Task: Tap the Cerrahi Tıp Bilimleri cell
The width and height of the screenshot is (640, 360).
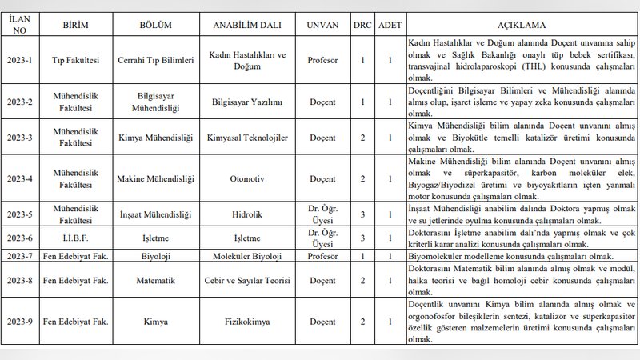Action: click(157, 58)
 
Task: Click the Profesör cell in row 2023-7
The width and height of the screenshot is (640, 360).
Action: click(323, 255)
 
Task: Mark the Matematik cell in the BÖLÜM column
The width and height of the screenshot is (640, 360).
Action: click(157, 280)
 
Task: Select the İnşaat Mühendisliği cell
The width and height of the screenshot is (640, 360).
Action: click(157, 214)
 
